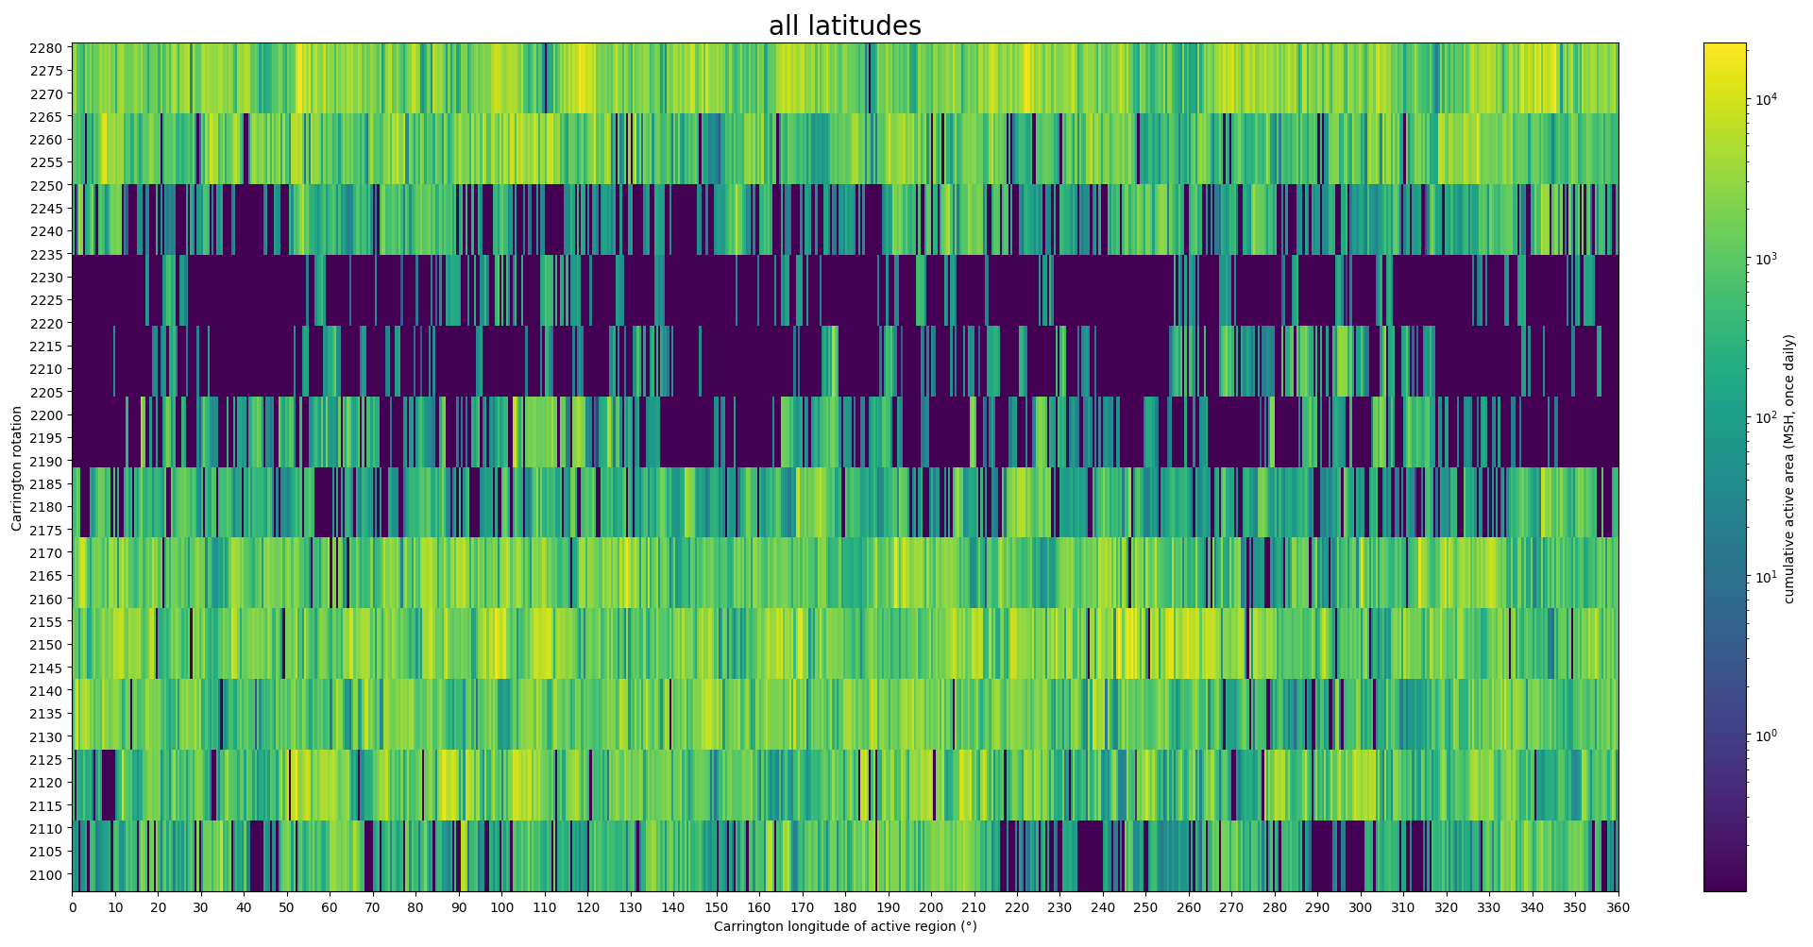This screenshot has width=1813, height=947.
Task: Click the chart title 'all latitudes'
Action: point(844,26)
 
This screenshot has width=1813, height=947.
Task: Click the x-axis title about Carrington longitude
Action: point(844,926)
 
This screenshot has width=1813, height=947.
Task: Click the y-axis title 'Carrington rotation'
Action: point(16,468)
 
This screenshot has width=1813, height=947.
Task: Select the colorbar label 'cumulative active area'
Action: point(1788,468)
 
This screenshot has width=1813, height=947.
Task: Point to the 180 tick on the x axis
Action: point(845,907)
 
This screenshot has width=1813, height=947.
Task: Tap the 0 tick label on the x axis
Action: point(73,907)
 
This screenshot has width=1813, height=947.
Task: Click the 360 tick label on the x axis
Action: point(1618,907)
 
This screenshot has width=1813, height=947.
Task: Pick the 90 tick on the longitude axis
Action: point(459,907)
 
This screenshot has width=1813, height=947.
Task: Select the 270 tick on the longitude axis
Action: point(1231,907)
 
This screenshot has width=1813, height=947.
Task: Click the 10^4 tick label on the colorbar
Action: point(1766,99)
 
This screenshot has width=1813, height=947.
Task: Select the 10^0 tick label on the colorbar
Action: point(1766,736)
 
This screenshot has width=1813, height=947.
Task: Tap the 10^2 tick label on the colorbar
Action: point(1766,417)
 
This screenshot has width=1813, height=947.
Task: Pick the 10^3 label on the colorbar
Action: point(1766,259)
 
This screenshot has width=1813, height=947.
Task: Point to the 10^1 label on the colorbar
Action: point(1766,577)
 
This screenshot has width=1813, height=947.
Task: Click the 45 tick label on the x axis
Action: point(265,907)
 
